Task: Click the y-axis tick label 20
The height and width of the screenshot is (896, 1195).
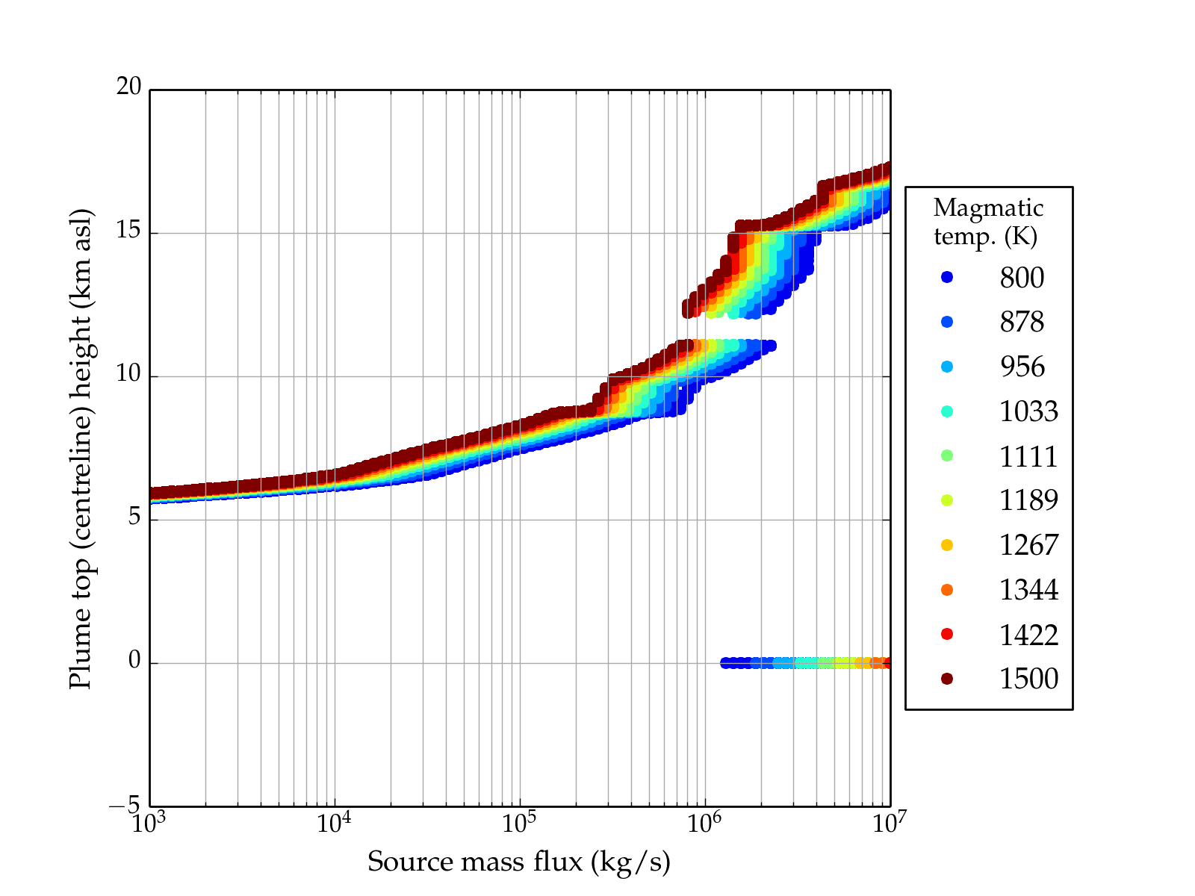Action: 128,87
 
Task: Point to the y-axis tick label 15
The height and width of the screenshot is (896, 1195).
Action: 128,231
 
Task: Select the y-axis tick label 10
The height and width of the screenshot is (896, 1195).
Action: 128,374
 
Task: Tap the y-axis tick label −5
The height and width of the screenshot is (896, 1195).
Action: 125,805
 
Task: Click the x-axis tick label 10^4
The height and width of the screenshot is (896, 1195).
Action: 334,823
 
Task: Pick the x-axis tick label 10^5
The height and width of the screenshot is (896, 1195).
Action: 519,823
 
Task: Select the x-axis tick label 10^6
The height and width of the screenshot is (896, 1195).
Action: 704,823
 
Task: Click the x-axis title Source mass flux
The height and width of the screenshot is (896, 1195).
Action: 518,862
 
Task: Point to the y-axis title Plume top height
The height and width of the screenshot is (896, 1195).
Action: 80,448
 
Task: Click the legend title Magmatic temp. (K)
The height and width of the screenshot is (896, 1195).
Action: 988,222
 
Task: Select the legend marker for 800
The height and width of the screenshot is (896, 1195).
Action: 947,277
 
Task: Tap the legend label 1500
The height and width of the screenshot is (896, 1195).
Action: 1028,679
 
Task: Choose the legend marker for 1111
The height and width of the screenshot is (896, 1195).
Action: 947,455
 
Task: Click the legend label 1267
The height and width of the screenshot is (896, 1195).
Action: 1028,545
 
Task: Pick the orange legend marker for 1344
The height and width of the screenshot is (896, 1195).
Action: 947,590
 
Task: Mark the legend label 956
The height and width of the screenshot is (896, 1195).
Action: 1022,367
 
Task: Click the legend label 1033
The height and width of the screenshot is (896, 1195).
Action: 1028,411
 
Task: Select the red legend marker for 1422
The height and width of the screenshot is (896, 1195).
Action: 947,634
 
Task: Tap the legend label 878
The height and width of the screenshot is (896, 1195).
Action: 1022,322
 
